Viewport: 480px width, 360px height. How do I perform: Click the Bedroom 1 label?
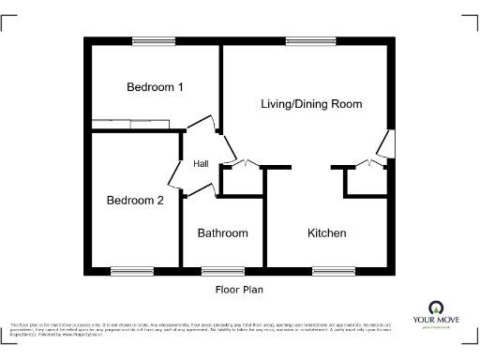(x=155, y=87)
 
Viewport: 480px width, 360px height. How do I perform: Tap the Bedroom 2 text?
(x=135, y=200)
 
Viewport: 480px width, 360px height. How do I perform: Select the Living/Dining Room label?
(x=311, y=103)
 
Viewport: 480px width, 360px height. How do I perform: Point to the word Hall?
(x=201, y=164)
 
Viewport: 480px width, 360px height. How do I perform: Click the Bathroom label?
(x=223, y=232)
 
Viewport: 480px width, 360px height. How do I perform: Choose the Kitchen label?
(x=327, y=232)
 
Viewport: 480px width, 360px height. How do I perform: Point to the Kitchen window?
(x=328, y=271)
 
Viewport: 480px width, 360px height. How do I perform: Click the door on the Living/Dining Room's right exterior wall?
(x=385, y=142)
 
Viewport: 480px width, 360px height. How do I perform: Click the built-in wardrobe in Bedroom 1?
(x=131, y=122)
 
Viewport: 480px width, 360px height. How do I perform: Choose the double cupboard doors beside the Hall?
(x=243, y=164)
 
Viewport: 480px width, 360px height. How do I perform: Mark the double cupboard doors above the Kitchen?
(x=366, y=164)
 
